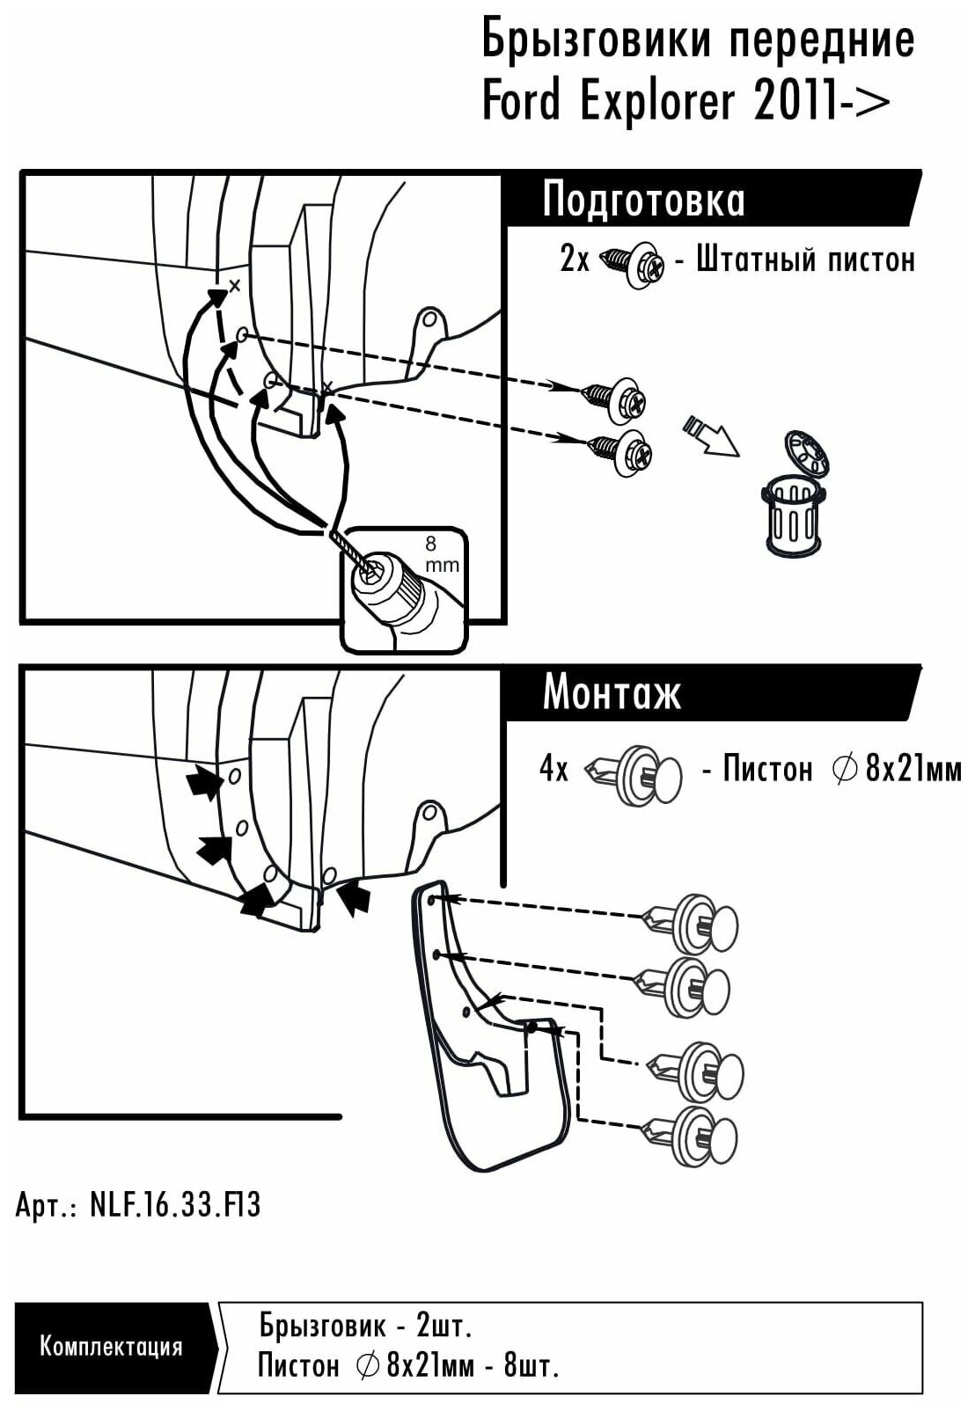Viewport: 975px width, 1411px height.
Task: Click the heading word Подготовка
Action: (x=643, y=200)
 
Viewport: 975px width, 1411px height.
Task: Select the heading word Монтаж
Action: (x=611, y=693)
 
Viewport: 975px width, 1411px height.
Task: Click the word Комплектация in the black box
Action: (x=111, y=1346)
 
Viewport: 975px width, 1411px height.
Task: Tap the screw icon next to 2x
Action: (x=632, y=263)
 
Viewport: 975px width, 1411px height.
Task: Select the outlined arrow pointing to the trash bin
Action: (x=710, y=435)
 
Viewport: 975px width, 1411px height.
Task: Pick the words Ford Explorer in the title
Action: (x=608, y=102)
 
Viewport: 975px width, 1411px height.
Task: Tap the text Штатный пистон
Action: (x=805, y=260)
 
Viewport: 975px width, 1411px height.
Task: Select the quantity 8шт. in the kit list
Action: (x=531, y=1365)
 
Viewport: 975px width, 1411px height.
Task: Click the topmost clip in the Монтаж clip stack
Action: (x=690, y=924)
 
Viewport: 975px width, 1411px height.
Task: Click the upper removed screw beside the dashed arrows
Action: (x=616, y=398)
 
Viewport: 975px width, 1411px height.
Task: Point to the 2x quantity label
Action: (x=574, y=260)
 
